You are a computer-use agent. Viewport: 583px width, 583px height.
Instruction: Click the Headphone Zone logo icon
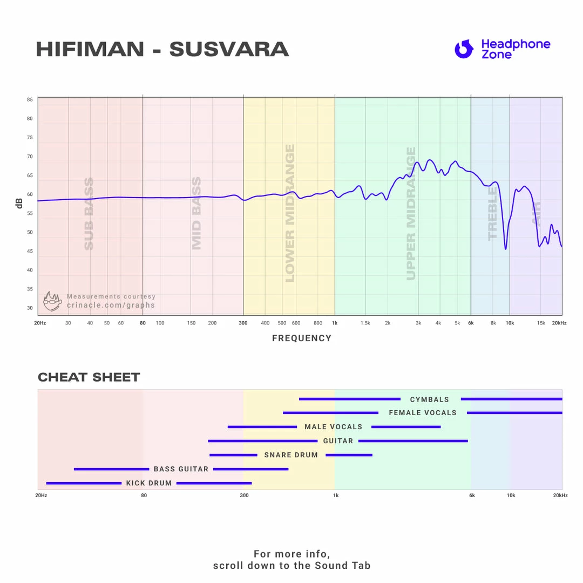(464, 49)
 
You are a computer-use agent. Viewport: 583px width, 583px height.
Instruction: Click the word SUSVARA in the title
(229, 50)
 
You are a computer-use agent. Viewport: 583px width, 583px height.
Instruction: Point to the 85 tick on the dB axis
(30, 100)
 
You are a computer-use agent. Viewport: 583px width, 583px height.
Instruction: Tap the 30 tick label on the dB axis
(30, 308)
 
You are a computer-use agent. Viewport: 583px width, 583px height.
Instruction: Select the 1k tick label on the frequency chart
(335, 323)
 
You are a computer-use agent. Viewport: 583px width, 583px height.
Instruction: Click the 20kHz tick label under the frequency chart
(559, 323)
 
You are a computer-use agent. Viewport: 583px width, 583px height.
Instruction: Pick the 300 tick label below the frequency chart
(243, 323)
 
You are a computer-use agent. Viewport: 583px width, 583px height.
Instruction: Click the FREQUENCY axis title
(302, 338)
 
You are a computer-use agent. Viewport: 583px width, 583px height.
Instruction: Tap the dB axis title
(19, 204)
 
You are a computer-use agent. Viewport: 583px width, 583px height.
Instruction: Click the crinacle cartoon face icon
(52, 301)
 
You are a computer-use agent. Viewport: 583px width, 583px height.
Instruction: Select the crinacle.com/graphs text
(111, 306)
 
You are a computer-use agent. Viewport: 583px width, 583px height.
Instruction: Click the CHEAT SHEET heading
(89, 377)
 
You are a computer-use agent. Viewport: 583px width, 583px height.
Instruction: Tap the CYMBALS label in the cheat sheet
(430, 399)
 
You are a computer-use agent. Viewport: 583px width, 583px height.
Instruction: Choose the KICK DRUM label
(149, 483)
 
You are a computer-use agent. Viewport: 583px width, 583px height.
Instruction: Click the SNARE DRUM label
(291, 455)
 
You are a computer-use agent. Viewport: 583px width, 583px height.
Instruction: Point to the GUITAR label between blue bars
(338, 441)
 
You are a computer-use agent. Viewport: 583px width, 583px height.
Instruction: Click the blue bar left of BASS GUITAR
(111, 469)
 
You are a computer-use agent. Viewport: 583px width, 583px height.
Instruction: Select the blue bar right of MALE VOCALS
(406, 427)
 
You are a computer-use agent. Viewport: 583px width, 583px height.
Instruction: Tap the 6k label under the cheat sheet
(472, 495)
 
